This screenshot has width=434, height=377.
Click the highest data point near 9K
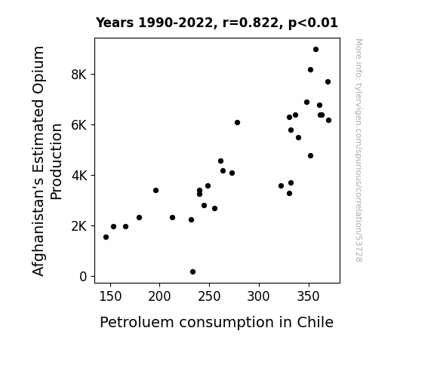[x=315, y=50]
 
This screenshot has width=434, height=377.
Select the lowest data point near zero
[x=193, y=272]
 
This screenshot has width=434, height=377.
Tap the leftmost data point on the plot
[x=106, y=237]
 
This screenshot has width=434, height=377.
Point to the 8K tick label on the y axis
[x=79, y=75]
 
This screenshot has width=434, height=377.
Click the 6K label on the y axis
[x=79, y=125]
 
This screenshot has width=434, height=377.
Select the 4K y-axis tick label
[x=79, y=176]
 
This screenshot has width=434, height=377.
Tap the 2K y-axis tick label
[x=79, y=226]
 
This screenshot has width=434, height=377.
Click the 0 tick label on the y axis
[x=83, y=277]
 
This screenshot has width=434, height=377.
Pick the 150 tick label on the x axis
[x=110, y=296]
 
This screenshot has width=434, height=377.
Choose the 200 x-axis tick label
[x=160, y=296]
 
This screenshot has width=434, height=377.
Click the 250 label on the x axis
[x=209, y=296]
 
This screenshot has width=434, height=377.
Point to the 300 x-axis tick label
[x=259, y=296]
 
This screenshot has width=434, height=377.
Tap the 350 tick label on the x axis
[x=309, y=296]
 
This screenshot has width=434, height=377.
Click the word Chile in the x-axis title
[x=315, y=322]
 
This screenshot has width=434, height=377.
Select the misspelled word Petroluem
[x=137, y=322]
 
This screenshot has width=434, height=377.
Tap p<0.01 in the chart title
[x=313, y=23]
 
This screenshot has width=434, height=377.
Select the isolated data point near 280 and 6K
[x=237, y=123]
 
